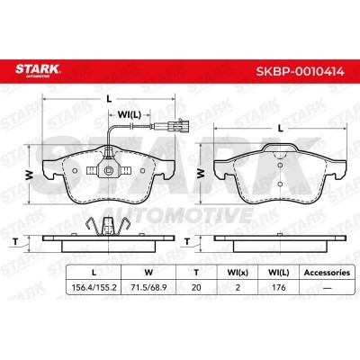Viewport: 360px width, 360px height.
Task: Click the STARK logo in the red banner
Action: (x=38, y=70)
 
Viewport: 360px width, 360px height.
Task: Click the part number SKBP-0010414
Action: (x=300, y=72)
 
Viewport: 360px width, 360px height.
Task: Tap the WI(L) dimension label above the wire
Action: (x=129, y=114)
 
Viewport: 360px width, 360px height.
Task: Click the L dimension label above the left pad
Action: (x=110, y=100)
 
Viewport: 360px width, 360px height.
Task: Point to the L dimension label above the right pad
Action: (x=281, y=129)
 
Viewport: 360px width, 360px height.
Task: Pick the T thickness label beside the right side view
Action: (x=187, y=241)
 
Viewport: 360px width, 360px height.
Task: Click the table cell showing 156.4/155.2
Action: (x=94, y=287)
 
